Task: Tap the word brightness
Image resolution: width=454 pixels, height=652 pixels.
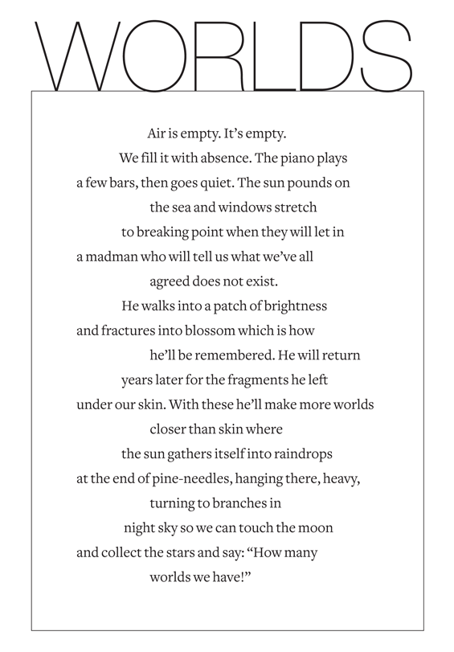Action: [292, 306]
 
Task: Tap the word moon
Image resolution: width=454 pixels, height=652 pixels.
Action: [317, 528]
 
